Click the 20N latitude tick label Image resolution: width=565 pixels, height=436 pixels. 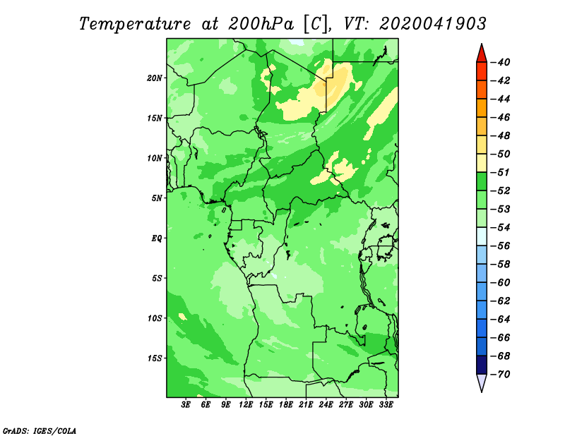154,78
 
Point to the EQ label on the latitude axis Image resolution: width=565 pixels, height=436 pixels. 156,238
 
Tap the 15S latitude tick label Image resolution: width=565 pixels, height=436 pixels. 154,358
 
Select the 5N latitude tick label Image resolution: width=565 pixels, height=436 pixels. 156,198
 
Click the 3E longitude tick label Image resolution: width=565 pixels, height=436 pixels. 186,404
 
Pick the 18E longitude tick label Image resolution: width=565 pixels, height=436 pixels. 286,404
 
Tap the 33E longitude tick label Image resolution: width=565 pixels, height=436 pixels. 386,404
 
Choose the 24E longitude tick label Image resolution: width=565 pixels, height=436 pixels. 326,404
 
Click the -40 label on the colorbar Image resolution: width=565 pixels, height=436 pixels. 501,62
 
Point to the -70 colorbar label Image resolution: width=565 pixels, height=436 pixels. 501,375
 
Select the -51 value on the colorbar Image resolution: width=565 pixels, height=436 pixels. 501,172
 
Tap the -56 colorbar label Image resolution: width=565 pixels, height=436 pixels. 501,246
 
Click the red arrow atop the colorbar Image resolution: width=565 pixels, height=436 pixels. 482,54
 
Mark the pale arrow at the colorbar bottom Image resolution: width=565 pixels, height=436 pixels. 482,382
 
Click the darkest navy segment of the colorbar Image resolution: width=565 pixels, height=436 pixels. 482,365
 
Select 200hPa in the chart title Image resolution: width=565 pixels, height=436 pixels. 261,24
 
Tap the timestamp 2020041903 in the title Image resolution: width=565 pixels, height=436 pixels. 433,24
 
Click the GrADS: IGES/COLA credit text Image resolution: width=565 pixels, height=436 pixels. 40,431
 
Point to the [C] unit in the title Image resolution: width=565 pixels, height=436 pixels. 316,24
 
